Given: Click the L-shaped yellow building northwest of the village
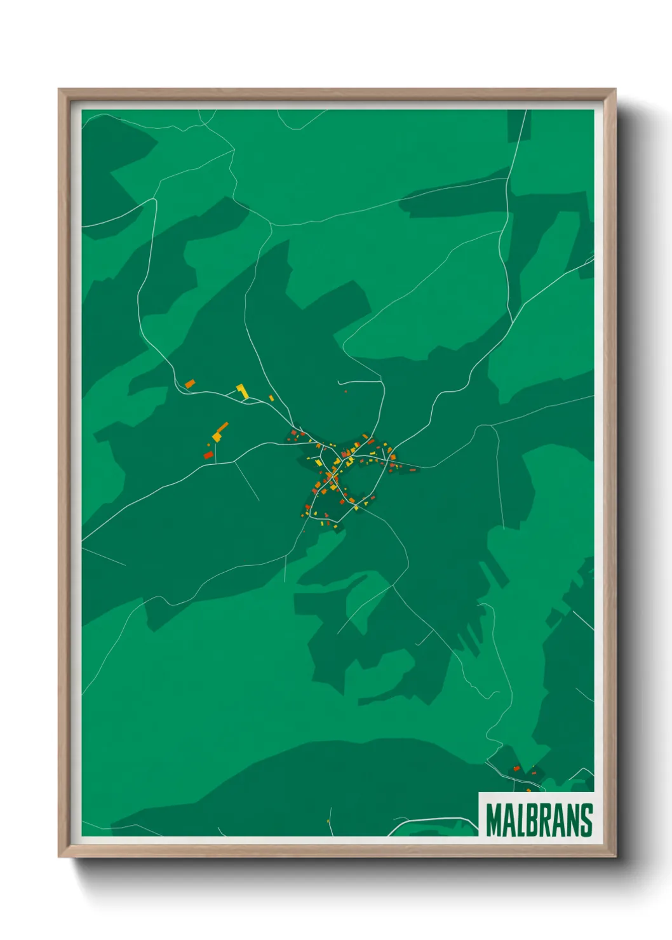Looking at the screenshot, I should tap(242, 391).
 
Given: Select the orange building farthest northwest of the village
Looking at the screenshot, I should tap(189, 384).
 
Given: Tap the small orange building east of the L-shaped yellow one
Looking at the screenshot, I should tap(271, 398).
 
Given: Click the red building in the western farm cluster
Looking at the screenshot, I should tap(208, 455).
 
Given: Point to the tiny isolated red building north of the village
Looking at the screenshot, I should tap(346, 392).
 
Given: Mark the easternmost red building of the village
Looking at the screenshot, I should tap(413, 470).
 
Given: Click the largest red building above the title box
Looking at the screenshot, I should tap(516, 769).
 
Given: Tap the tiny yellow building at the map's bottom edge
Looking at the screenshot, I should tap(328, 822).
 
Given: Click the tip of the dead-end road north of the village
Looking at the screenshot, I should tap(339, 382).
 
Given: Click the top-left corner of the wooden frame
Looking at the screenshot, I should tap(59, 90).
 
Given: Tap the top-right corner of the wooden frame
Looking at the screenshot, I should tap(615, 90).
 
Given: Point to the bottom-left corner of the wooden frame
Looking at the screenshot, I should tap(59, 856).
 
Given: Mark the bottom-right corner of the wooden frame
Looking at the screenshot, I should tap(615, 856).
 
